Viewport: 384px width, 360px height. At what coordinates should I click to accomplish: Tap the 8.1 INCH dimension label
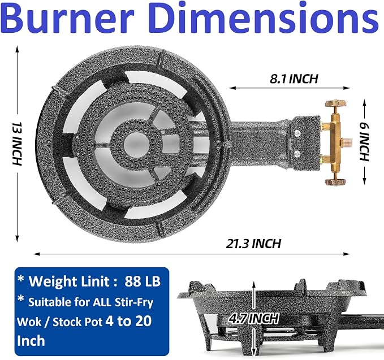[x=294, y=79]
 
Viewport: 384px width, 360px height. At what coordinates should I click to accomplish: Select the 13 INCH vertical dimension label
[x=17, y=144]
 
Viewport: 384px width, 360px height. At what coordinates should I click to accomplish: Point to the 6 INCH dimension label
[x=364, y=142]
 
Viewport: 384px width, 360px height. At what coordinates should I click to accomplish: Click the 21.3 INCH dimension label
[x=253, y=244]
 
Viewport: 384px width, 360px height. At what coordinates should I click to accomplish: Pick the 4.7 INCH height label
[x=254, y=318]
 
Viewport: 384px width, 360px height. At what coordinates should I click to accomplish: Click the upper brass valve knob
[x=335, y=103]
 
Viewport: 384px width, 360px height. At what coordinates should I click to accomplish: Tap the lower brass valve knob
[x=335, y=182]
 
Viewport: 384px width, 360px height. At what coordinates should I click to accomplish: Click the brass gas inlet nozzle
[x=347, y=142]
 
